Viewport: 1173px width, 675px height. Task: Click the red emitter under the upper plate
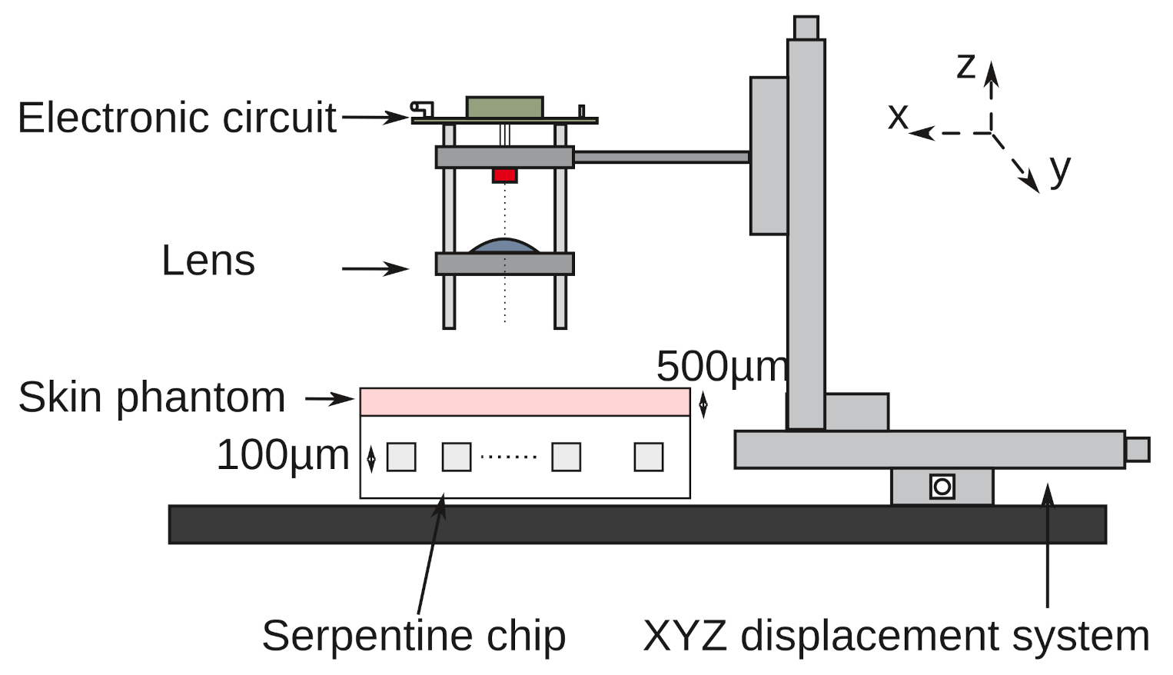pos(504,175)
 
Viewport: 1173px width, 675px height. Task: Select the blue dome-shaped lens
pos(504,246)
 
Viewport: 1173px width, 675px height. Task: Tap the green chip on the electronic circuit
pos(504,108)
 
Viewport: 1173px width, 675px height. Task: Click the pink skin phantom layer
pos(525,402)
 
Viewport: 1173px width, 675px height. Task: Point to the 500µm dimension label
pos(722,366)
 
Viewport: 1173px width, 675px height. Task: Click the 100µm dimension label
pos(283,454)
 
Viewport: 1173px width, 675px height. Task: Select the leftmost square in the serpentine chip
pos(401,457)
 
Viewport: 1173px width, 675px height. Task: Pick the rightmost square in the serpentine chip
pos(649,457)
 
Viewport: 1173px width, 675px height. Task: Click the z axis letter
pos(965,67)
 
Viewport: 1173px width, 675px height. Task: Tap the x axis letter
pos(898,117)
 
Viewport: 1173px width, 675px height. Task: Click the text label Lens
pos(208,261)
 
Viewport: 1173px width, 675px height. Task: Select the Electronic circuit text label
pos(177,118)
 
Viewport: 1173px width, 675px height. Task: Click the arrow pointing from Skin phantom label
pos(329,398)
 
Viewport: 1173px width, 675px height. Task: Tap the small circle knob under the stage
pos(942,487)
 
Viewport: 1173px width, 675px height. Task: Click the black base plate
pos(636,524)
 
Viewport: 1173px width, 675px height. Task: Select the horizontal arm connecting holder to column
pos(661,157)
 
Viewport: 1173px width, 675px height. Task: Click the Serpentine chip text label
pos(414,636)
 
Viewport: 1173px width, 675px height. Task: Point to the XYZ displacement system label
pos(896,636)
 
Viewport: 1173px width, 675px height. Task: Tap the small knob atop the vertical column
pos(806,28)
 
